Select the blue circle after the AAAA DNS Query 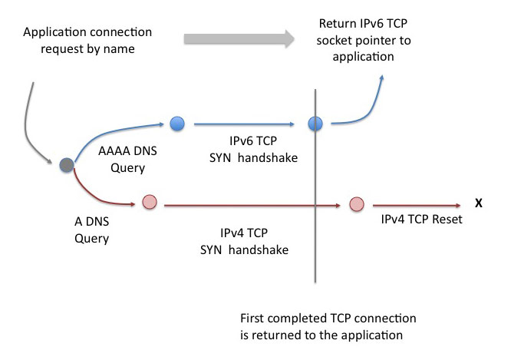tap(177, 122)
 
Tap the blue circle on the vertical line tap(314, 123)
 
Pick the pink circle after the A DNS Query tap(150, 204)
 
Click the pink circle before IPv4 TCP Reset tap(356, 204)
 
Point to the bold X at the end tap(478, 204)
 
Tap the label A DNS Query tap(92, 227)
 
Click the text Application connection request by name tap(87, 41)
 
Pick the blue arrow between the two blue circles tap(246, 123)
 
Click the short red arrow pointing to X tap(414, 205)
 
